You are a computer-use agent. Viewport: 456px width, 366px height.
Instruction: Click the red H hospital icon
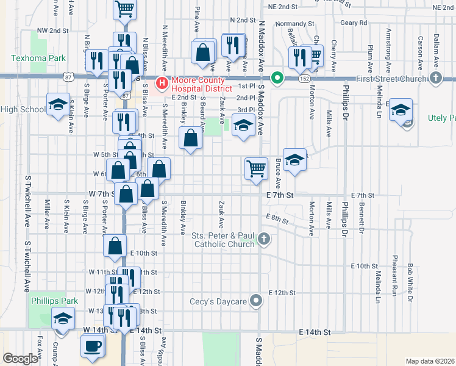pyautogui.click(x=162, y=82)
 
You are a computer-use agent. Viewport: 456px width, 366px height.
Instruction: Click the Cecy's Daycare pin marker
pyautogui.click(x=257, y=301)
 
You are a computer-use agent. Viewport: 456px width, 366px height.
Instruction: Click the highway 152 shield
pyautogui.click(x=303, y=79)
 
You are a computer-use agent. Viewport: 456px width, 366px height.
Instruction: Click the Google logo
pyautogui.click(x=20, y=359)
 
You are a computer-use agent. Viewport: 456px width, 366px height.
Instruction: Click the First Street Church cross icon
pyautogui.click(x=435, y=78)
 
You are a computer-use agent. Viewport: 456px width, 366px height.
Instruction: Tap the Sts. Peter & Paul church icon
pyautogui.click(x=263, y=239)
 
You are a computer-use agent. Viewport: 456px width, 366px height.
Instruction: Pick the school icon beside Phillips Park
pyautogui.click(x=63, y=318)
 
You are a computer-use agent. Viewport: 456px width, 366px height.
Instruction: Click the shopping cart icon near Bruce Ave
pyautogui.click(x=257, y=168)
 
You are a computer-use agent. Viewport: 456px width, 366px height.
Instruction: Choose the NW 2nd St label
pyautogui.click(x=52, y=30)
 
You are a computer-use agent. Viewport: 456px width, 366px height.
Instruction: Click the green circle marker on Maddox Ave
pyautogui.click(x=277, y=77)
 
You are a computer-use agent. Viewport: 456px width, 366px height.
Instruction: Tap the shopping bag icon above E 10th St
pyautogui.click(x=116, y=246)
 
